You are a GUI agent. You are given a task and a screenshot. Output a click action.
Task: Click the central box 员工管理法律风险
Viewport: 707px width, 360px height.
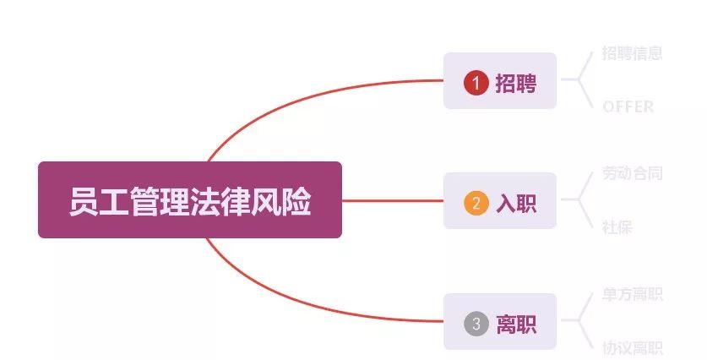189,199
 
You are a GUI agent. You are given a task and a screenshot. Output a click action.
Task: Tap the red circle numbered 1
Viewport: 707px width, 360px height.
476,83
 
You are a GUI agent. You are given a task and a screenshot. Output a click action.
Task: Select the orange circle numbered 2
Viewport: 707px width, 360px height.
476,203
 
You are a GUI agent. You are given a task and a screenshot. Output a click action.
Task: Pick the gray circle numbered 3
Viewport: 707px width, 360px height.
476,324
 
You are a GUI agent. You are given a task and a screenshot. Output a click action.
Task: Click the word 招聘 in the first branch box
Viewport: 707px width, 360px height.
515,83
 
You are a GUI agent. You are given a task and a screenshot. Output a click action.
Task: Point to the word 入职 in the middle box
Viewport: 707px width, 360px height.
515,203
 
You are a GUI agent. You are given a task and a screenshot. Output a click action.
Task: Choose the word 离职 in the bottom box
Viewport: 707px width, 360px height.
515,324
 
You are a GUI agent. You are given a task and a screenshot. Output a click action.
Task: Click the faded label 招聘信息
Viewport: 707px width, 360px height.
632,53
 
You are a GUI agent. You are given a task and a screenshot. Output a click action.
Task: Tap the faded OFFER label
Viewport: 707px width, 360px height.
628,106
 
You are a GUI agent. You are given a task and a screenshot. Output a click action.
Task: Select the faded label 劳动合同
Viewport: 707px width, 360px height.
632,173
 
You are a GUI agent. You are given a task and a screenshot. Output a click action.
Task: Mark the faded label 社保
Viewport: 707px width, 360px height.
617,227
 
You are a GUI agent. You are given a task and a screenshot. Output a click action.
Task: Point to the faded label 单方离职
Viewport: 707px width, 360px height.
632,294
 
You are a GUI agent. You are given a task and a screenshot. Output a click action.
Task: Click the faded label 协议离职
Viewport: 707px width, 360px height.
632,347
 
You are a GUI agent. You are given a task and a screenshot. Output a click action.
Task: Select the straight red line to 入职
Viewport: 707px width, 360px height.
393,201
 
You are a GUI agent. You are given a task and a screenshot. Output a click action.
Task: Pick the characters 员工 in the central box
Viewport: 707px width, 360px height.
93,201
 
